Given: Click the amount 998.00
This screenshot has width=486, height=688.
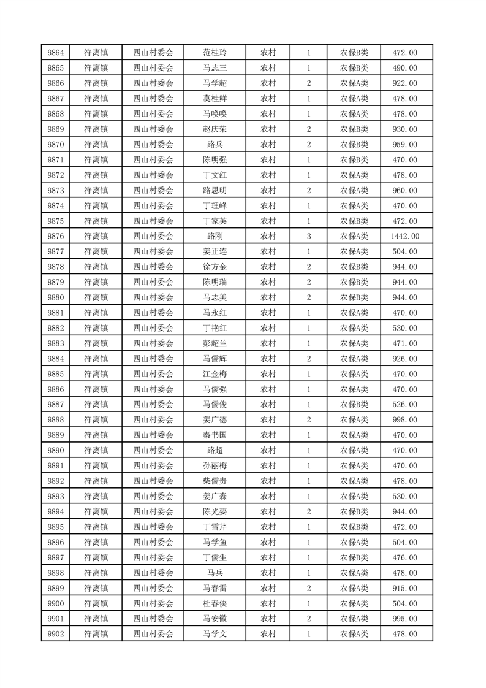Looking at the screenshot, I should (x=404, y=419).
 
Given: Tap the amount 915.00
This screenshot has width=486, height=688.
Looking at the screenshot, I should (x=404, y=587).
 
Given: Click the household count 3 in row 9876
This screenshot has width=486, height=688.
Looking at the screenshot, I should (x=308, y=236).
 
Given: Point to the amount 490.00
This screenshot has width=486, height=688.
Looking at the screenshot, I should (x=404, y=68).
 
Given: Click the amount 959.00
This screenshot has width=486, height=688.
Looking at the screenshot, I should (x=404, y=145).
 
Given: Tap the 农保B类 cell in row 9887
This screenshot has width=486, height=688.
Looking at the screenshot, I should (x=354, y=404).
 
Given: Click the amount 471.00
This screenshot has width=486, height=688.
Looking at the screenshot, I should (x=404, y=343).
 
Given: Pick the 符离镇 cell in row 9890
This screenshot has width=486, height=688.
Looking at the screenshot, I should (x=96, y=450).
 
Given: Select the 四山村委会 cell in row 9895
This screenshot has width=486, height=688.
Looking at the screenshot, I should (x=153, y=527).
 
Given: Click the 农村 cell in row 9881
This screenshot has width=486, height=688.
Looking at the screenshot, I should (x=268, y=313).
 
